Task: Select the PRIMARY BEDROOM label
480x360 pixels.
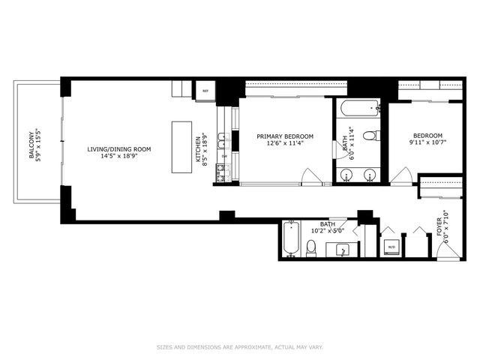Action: point(285,139)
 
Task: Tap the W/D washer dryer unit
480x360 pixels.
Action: point(391,246)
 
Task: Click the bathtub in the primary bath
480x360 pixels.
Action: point(357,109)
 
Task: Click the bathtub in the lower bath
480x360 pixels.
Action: point(291,239)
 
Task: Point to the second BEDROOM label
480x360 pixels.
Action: point(425,139)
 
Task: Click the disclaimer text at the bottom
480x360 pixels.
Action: point(239,346)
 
